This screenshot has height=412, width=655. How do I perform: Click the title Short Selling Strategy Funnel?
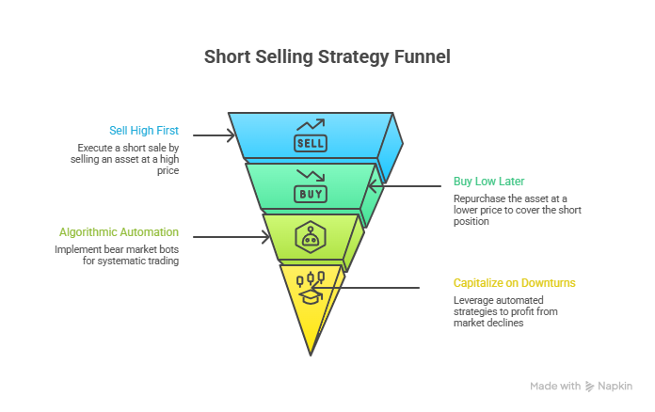327,57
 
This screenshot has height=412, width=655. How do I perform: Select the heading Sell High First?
144,131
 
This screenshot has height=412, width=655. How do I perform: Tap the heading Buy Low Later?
488,182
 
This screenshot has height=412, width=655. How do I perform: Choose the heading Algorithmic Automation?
119,232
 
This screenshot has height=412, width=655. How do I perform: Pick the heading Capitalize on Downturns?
514,283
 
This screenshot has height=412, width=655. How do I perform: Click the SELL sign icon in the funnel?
311,144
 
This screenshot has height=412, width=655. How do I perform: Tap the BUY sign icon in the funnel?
311,194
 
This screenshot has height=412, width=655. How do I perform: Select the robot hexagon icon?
310,237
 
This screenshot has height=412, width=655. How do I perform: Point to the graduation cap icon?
311,297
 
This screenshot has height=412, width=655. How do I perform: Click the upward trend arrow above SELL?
311,125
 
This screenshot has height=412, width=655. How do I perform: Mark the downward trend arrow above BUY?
311,175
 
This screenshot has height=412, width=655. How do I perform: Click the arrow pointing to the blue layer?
214,135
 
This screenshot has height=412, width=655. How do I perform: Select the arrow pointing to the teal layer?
405,186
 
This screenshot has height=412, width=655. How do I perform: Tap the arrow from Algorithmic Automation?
232,237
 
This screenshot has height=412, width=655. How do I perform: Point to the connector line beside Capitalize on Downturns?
365,288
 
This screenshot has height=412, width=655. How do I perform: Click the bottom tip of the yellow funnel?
311,356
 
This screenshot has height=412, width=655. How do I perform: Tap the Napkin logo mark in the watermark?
589,387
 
